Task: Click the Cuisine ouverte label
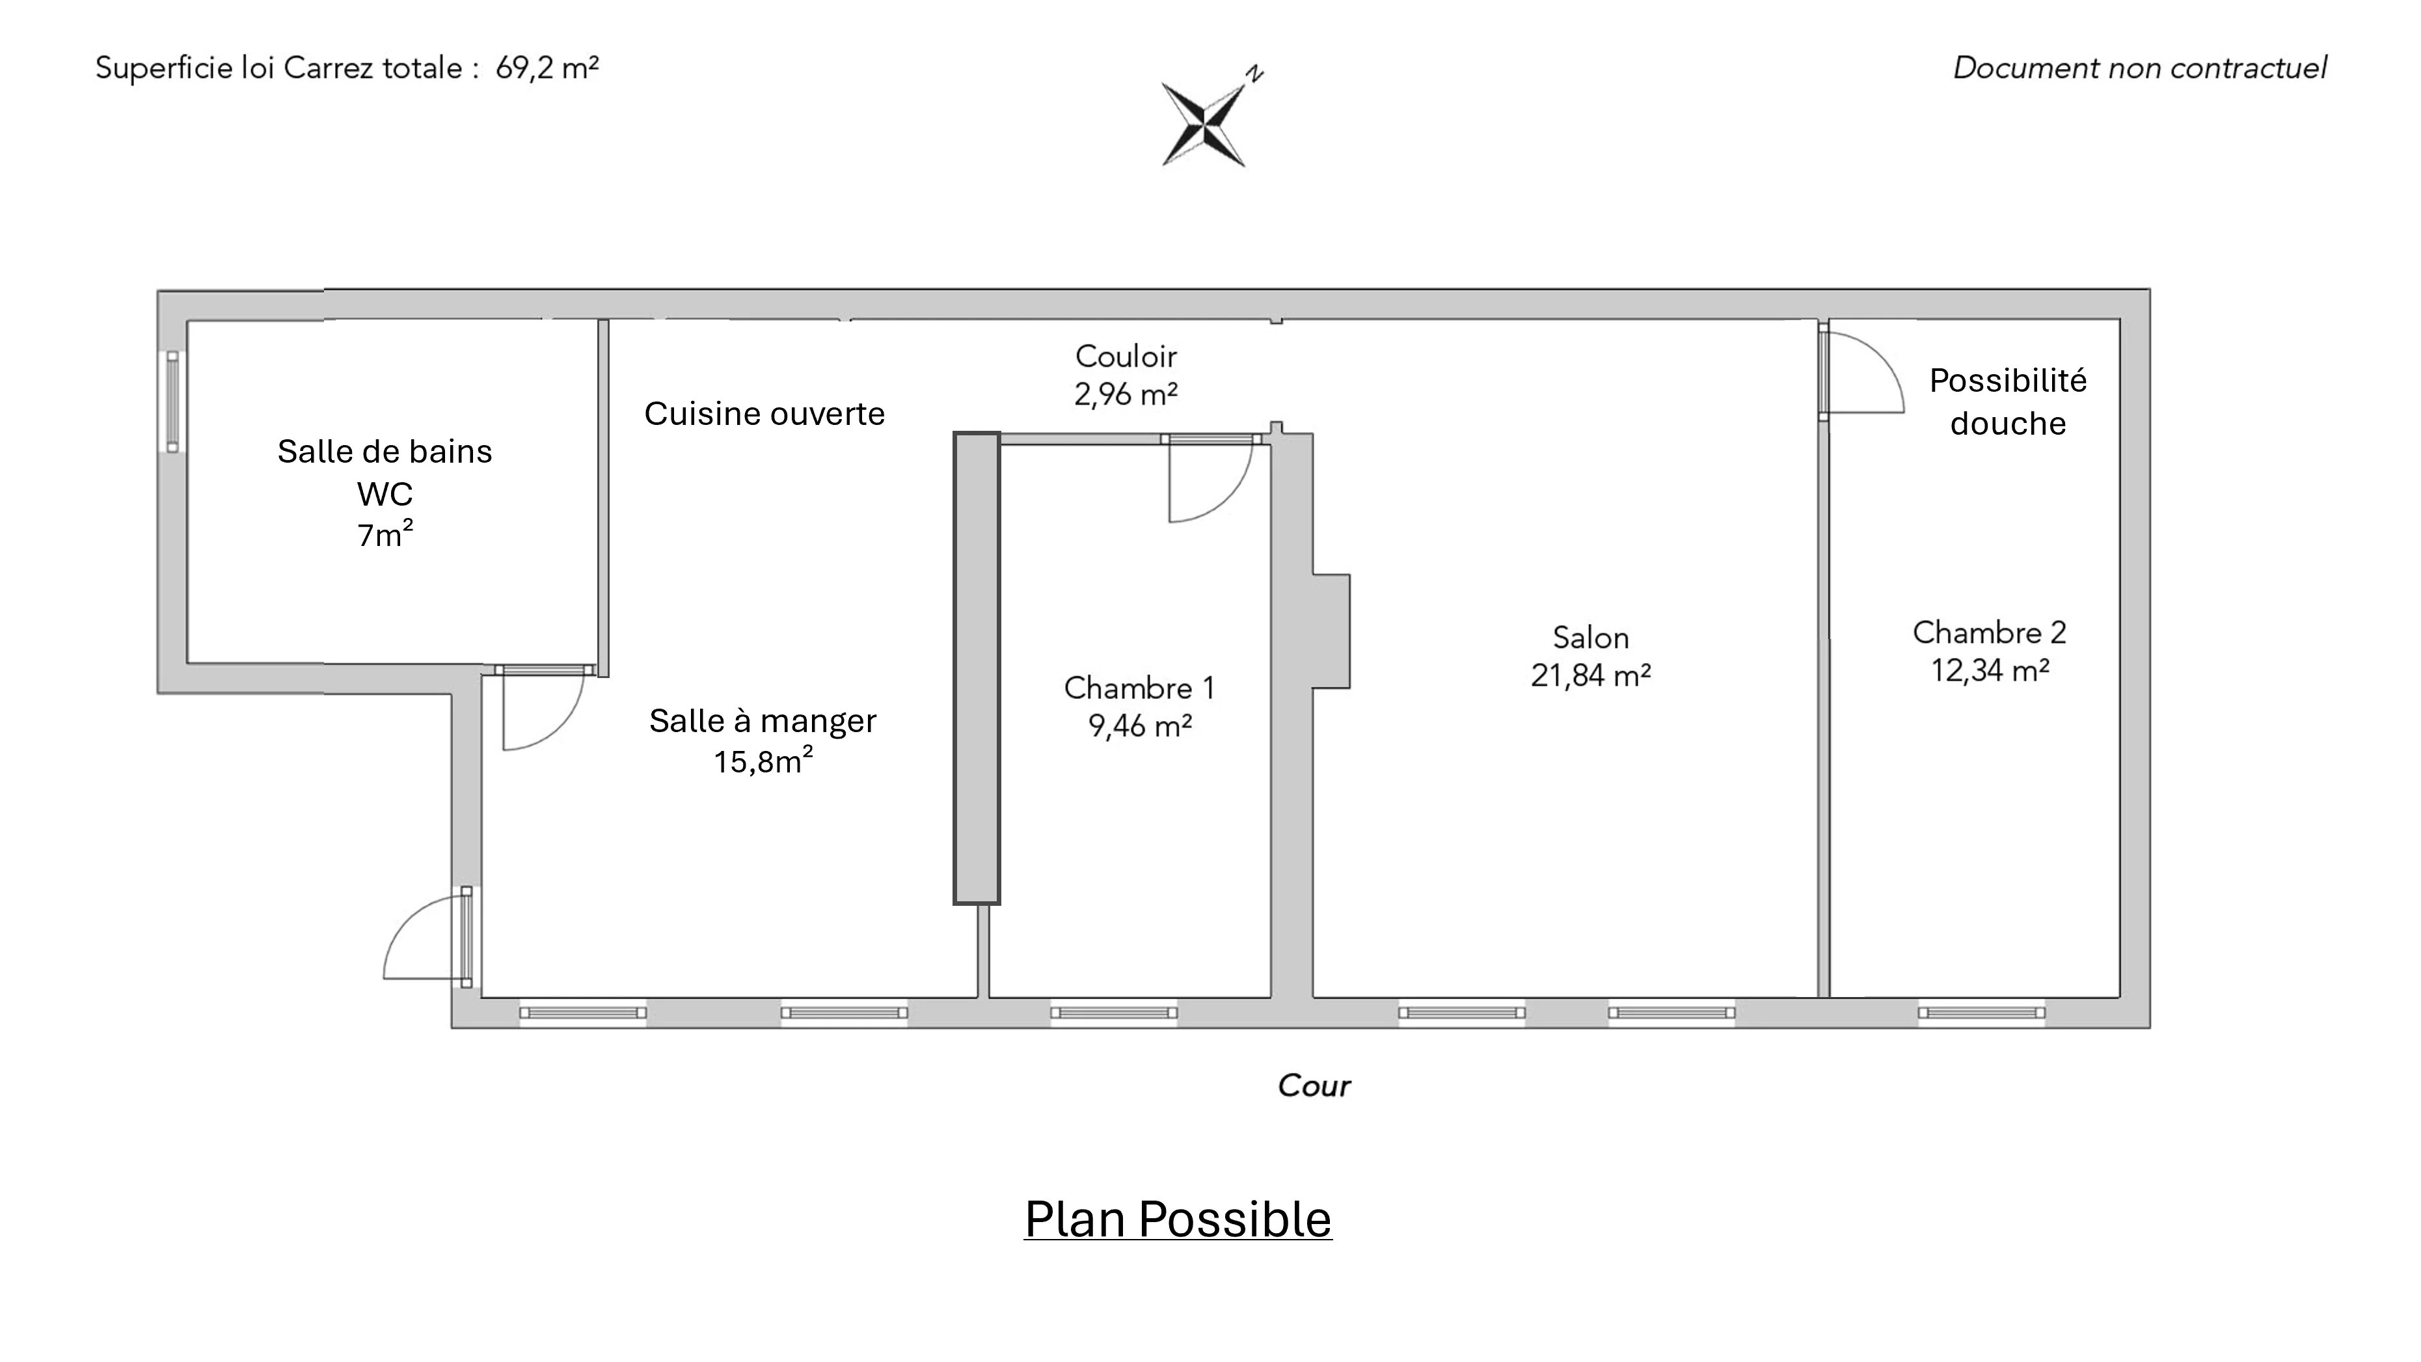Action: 764,414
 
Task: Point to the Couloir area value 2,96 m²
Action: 1126,394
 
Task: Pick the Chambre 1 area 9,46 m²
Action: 1140,726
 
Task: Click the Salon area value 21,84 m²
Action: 1590,675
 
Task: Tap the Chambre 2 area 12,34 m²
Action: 1990,670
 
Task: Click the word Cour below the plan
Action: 1314,1085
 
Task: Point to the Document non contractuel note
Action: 2140,68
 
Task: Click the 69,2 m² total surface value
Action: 547,68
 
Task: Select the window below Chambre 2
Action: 1981,1013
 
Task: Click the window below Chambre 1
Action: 1114,1013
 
